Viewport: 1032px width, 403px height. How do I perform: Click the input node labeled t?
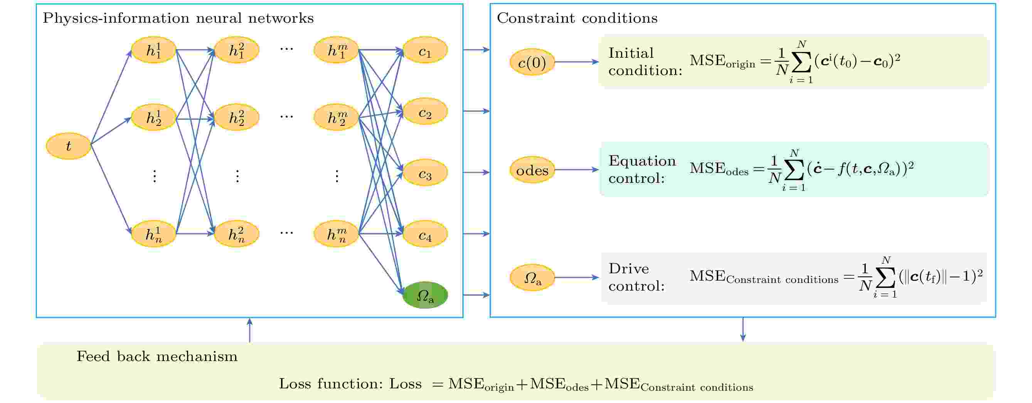[x=69, y=146]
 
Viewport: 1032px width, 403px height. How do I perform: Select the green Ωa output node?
[x=425, y=295]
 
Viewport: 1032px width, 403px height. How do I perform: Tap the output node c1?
[x=425, y=50]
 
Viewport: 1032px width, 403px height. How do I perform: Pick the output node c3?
[x=425, y=173]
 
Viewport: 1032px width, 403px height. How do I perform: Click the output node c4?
[x=425, y=234]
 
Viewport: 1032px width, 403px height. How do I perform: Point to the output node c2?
[x=425, y=112]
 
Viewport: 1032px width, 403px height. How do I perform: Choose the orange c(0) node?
[x=532, y=62]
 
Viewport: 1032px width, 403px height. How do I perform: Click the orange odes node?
[x=532, y=170]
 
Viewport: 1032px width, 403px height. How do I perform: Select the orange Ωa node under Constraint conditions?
[x=532, y=278]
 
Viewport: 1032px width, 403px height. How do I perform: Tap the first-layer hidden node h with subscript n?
[x=154, y=234]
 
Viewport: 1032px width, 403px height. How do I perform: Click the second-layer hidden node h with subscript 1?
[x=236, y=50]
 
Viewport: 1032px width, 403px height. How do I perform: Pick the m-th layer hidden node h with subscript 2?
[x=336, y=117]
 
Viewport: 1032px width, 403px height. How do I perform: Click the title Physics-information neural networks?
[x=178, y=18]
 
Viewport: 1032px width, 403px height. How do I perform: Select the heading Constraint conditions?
[x=577, y=18]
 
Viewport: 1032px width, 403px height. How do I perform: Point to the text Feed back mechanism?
[x=157, y=356]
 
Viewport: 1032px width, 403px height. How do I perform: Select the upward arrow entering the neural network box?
[x=249, y=330]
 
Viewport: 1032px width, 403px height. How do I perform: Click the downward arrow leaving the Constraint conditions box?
[x=743, y=329]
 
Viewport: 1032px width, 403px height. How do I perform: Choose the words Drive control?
[x=636, y=277]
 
